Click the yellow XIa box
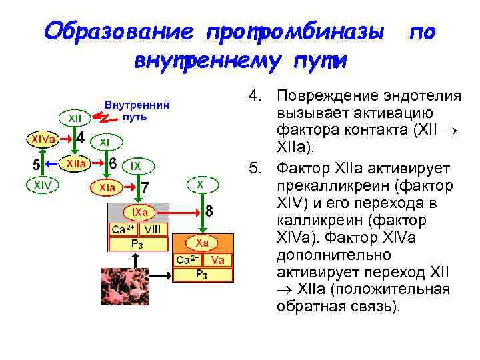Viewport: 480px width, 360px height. (x=107, y=189)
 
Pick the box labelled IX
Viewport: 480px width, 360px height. (x=135, y=165)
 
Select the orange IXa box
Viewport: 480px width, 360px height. (x=139, y=212)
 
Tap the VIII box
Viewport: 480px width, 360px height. (x=153, y=229)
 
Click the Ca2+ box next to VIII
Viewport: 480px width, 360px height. (x=123, y=229)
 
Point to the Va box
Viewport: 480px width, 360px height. (x=217, y=259)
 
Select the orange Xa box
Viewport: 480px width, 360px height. (x=201, y=243)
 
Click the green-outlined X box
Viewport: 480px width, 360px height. (x=201, y=183)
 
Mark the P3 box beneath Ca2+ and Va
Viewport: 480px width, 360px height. (x=201, y=274)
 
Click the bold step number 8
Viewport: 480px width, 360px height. (x=209, y=211)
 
